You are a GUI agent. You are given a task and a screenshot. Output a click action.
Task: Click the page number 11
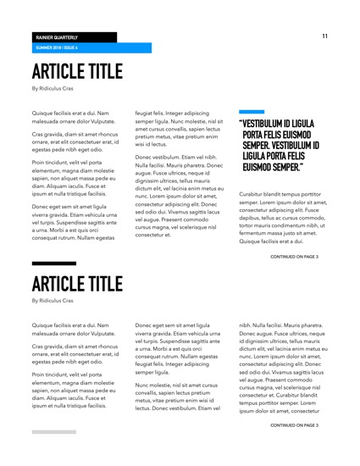[x=324, y=36]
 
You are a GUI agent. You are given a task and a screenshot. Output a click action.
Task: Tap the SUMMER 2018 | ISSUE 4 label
[x=57, y=48]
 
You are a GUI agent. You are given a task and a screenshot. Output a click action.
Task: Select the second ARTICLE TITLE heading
[x=76, y=282]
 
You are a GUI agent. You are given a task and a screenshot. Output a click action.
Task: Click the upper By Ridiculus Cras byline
[x=53, y=87]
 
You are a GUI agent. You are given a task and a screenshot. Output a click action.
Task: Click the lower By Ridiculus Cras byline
[x=53, y=300]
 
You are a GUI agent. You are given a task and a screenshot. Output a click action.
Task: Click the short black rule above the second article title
[x=53, y=264]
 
